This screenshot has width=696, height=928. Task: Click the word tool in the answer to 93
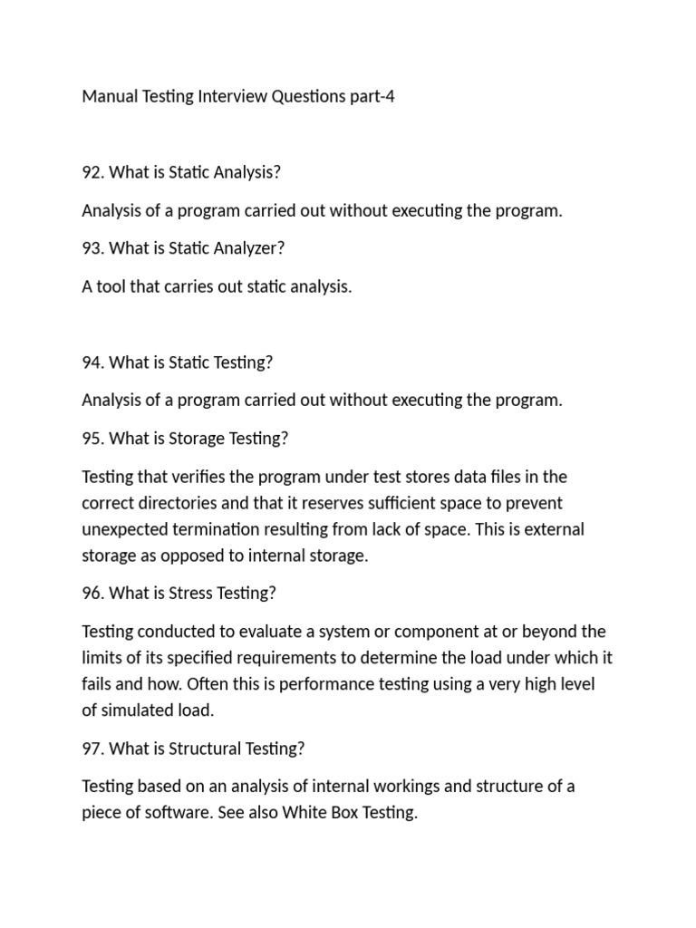coord(112,286)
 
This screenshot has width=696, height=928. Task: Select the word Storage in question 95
coord(199,439)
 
